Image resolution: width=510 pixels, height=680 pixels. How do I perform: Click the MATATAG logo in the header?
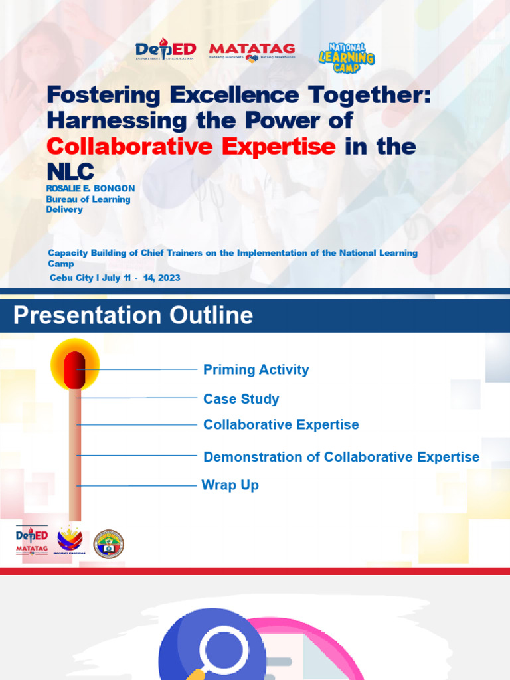tap(252, 51)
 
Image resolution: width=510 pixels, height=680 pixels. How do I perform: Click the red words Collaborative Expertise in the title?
tap(191, 146)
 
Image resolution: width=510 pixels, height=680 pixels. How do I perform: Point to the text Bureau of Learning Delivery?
tap(88, 204)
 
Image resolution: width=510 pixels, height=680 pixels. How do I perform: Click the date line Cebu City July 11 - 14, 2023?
tap(114, 278)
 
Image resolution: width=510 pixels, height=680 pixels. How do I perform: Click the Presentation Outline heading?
tap(133, 315)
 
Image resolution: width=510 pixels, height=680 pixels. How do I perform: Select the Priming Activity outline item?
tap(256, 369)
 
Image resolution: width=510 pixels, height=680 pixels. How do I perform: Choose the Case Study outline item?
tap(241, 398)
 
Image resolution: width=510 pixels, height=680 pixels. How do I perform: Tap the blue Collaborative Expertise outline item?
tap(281, 424)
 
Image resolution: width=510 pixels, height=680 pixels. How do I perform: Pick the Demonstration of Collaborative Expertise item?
tap(341, 456)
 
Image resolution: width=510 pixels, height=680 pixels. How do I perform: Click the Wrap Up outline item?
tap(230, 485)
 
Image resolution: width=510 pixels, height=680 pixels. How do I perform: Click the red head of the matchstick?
tap(74, 369)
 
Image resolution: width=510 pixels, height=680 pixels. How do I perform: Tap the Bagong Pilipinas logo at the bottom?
tap(70, 542)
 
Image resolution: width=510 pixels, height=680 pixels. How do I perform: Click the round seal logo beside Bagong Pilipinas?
tap(108, 544)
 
